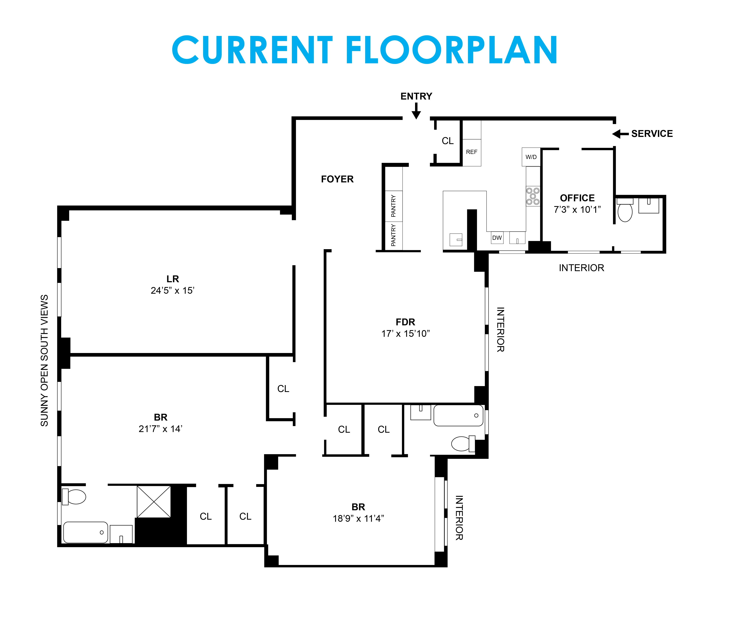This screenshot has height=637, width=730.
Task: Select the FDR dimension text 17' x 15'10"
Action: (405, 333)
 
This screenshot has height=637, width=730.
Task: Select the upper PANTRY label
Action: (393, 206)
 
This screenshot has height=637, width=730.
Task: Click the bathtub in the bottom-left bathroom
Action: (85, 532)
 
